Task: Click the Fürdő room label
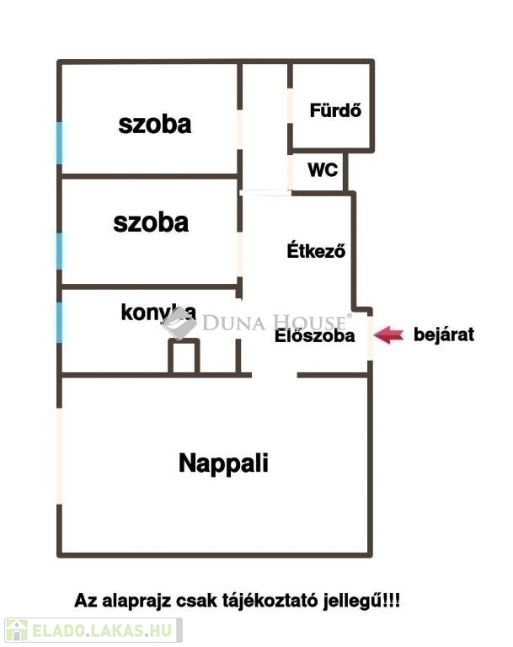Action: click(x=335, y=110)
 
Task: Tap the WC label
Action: click(x=323, y=169)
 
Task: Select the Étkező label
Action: click(x=316, y=250)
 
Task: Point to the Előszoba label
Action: click(x=314, y=335)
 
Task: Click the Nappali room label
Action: click(x=223, y=464)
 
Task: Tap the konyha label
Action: click(x=158, y=313)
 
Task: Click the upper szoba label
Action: click(x=155, y=125)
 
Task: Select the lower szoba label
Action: click(x=151, y=222)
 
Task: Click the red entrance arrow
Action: click(x=388, y=334)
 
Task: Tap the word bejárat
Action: click(x=444, y=334)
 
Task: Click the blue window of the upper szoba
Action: click(x=60, y=142)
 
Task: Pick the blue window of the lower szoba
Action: click(x=60, y=251)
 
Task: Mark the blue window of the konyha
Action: click(x=60, y=323)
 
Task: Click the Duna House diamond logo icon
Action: click(x=179, y=323)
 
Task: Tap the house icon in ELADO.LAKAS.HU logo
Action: click(x=17, y=630)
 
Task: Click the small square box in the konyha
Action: click(x=184, y=356)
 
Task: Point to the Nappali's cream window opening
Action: click(x=60, y=456)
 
